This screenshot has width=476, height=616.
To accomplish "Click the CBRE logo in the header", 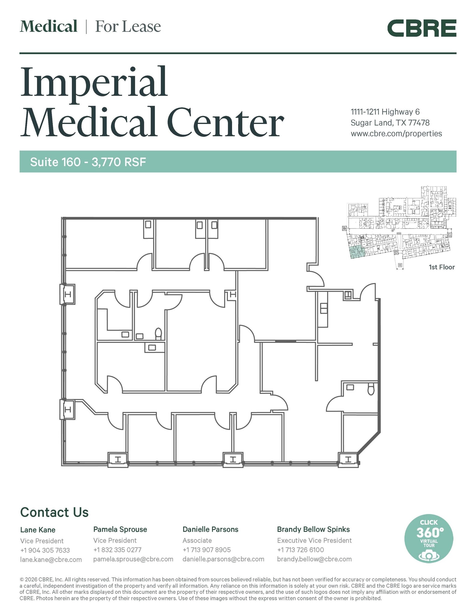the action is [422, 28].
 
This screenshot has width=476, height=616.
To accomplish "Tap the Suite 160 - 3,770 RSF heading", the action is [88, 162].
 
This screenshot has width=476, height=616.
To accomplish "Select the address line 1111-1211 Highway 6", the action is [385, 112].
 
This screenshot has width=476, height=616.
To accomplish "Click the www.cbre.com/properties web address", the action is [396, 134].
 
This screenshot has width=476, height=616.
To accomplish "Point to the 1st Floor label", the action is [441, 267].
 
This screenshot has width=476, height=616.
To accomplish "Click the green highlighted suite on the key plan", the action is [357, 252].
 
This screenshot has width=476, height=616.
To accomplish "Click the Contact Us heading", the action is [54, 512].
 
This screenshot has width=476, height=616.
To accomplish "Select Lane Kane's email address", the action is [51, 559].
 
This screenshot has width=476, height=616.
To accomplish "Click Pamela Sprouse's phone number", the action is [117, 550].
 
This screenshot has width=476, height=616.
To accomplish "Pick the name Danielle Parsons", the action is [210, 529].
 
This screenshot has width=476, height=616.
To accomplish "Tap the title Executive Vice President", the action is [314, 541].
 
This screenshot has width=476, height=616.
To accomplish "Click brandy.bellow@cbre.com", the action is [314, 559].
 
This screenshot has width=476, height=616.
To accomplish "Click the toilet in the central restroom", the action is [158, 334].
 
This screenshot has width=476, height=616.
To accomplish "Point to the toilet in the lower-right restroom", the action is [371, 388].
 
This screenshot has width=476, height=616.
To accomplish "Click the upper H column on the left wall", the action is [68, 294].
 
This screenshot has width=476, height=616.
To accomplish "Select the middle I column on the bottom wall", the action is [233, 460].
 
